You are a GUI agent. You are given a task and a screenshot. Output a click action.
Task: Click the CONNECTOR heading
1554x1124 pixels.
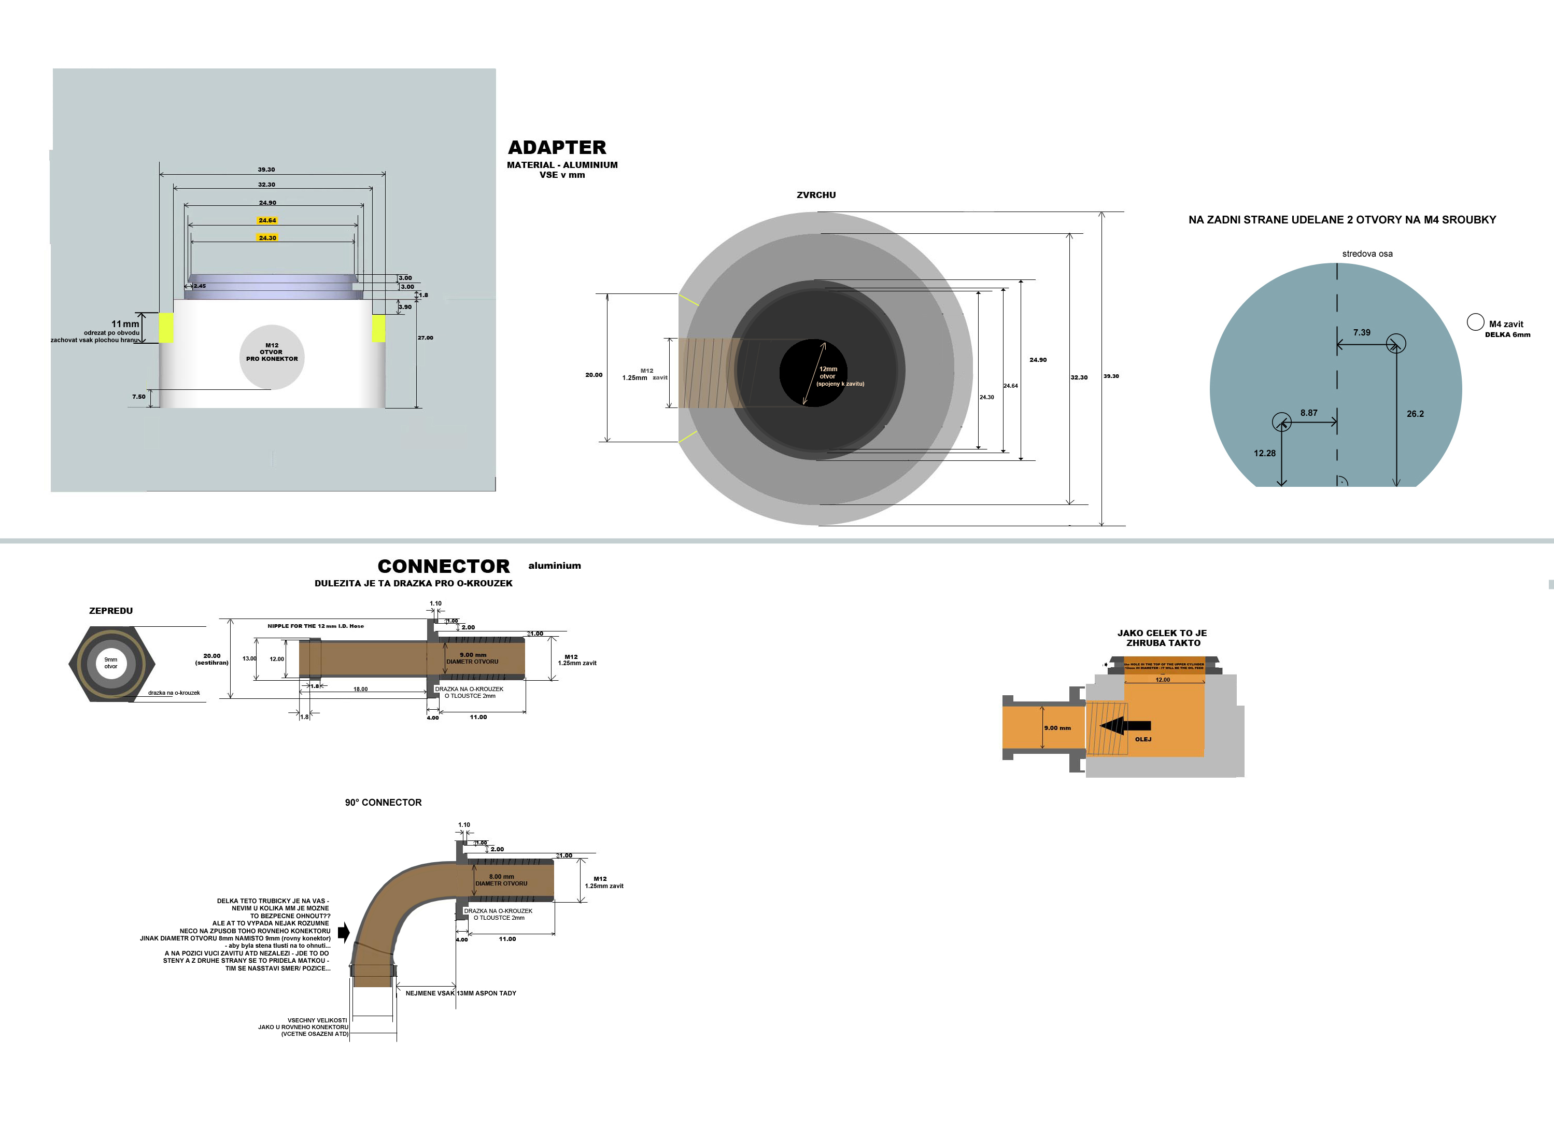443,566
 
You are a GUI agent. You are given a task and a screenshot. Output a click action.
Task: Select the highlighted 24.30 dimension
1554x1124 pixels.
267,238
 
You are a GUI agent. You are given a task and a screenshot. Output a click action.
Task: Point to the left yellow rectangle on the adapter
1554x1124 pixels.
166,328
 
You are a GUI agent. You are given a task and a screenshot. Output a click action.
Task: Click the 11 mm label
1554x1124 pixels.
125,324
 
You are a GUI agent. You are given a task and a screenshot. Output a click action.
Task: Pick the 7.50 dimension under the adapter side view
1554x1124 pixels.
138,397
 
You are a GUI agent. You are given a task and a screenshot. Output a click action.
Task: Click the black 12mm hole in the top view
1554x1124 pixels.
813,373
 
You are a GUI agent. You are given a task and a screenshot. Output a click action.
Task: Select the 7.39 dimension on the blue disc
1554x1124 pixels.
1362,332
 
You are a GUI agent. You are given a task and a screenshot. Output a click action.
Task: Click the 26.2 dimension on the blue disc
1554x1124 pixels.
1415,414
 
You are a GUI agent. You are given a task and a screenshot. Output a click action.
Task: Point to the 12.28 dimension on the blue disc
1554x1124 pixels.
1264,453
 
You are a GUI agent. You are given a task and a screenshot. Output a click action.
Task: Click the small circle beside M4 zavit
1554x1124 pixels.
1475,322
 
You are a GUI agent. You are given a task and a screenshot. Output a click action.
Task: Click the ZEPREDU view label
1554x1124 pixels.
111,611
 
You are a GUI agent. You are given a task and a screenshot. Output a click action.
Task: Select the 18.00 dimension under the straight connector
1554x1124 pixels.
360,690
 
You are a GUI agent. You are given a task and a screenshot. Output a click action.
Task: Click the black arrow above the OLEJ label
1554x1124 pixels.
1125,726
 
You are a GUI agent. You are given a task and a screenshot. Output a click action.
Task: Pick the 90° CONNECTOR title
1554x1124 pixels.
383,803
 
